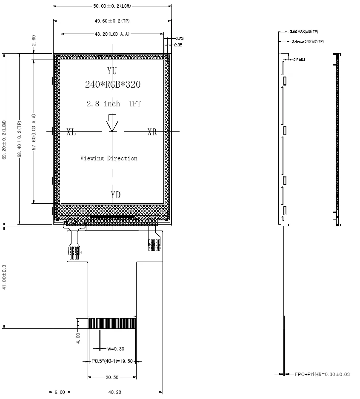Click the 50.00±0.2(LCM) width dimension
[112, 6]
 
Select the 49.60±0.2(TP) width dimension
[112, 20]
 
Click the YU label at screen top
[112, 70]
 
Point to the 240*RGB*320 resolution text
[112, 84]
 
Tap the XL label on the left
[71, 132]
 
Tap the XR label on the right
[152, 132]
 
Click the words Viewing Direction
[109, 158]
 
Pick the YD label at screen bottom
[115, 195]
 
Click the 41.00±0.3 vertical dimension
[4, 277]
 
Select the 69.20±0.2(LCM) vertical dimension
[4, 140]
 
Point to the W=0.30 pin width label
[115, 349]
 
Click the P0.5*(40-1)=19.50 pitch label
[112, 362]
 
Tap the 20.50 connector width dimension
[112, 377]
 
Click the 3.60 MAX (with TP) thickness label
[303, 32]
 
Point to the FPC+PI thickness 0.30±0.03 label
[322, 374]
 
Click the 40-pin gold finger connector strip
[112, 323]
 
